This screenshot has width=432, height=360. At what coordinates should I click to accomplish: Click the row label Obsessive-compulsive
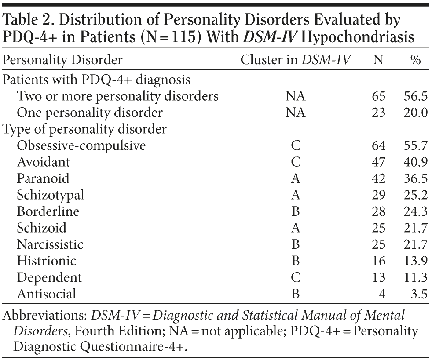81,146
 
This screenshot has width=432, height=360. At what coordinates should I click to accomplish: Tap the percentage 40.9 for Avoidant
416,162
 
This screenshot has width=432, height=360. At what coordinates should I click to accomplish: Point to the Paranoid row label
43,179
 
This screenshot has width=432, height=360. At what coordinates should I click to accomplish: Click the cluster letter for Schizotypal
296,195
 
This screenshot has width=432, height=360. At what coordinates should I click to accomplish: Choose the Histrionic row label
46,261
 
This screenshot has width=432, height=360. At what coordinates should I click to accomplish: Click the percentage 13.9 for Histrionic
416,261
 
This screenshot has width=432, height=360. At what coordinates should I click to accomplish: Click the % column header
416,60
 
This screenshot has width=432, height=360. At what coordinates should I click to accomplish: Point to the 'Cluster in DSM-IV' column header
296,60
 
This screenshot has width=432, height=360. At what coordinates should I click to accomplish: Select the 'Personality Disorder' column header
62,60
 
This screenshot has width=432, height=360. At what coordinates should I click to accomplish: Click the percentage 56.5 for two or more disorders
416,96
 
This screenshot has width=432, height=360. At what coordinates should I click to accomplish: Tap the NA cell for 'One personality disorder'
296,113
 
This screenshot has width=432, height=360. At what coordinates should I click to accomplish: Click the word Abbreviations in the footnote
45,315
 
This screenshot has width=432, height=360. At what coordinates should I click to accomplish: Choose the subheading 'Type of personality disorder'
84,129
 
